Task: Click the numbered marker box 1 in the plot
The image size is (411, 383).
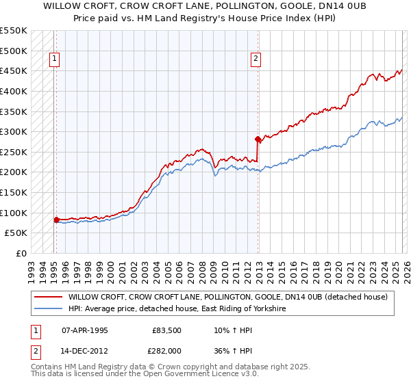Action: (54, 60)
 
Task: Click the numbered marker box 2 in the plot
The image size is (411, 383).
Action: (256, 60)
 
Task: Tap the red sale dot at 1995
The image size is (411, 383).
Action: (56, 220)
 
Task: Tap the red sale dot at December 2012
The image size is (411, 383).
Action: (258, 139)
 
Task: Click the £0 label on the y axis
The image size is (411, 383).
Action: (21, 253)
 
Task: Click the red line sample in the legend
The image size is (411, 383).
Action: (49, 297)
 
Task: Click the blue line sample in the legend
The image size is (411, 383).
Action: (49, 309)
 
